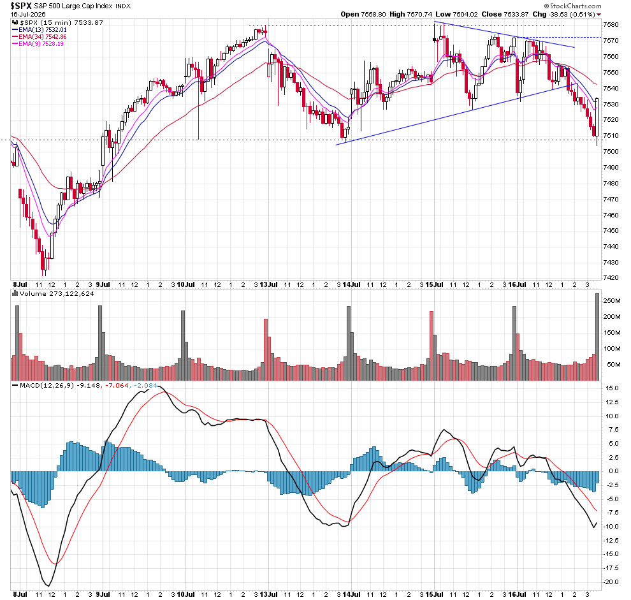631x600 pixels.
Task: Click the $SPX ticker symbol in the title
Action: click(20, 6)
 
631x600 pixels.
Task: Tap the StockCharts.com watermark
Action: click(572, 6)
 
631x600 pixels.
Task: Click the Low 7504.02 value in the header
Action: click(457, 14)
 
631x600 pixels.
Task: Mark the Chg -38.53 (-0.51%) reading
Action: click(564, 14)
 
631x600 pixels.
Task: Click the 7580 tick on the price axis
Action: click(611, 25)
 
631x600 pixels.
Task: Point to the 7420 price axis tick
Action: click(611, 278)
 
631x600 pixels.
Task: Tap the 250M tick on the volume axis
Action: click(612, 301)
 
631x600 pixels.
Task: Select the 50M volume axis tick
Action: click(614, 365)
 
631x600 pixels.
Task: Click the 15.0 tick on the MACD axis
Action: click(612, 388)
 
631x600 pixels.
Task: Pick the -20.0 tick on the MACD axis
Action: click(611, 582)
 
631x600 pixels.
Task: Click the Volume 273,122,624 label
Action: click(54, 293)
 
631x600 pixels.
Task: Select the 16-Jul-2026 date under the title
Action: click(28, 14)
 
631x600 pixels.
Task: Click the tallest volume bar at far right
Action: click(597, 337)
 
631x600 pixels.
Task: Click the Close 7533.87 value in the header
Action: click(505, 14)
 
